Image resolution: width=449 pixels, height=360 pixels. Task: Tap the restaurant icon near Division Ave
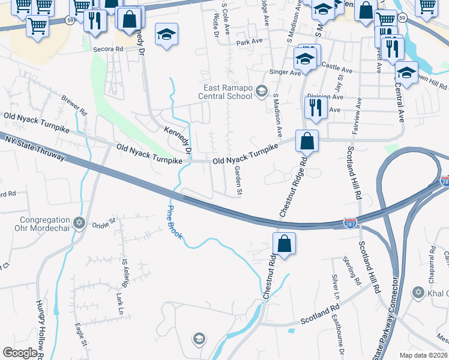coord(313,107)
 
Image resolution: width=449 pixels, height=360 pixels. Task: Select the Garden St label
coord(238,181)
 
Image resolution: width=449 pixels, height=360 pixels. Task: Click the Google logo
coord(20,353)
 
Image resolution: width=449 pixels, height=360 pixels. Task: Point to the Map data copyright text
coord(424,355)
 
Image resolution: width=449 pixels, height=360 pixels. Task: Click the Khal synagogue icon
coord(418,293)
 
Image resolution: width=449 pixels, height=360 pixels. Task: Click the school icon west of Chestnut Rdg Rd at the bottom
coord(199,339)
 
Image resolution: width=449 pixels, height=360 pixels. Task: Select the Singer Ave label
coord(286,72)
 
